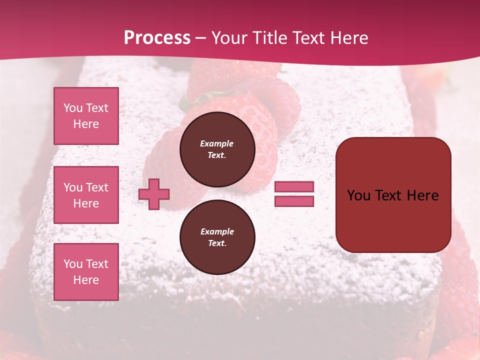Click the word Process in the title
157,38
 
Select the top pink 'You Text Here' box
86,116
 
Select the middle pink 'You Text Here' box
86,195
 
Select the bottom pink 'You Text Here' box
86,271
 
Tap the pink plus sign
154,194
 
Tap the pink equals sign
294,194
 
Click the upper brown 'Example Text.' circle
217,149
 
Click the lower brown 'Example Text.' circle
217,237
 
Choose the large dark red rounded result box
393,195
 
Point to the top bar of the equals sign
294,187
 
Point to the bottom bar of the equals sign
294,201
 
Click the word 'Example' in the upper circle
216,143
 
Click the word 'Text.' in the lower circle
216,243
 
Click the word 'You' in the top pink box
73,108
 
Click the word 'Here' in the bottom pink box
86,280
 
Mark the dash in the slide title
200,38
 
